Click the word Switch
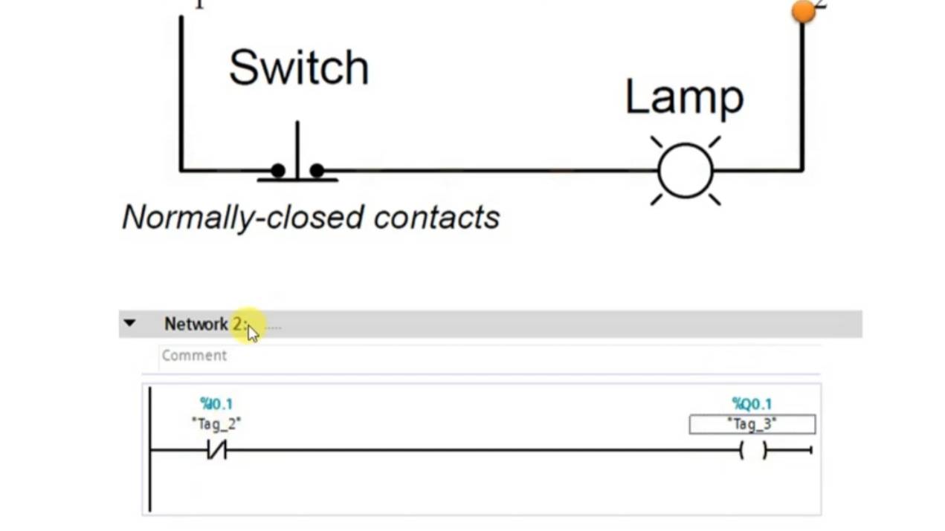(x=298, y=68)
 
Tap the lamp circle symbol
(x=686, y=171)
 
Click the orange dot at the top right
(x=803, y=11)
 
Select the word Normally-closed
(x=244, y=218)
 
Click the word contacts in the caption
(x=436, y=218)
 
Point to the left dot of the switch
(x=278, y=171)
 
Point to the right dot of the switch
(x=317, y=171)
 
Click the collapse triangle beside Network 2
(x=129, y=324)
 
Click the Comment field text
(x=194, y=356)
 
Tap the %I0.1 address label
(x=216, y=404)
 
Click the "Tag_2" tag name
(x=216, y=423)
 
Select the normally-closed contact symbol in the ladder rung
(x=216, y=450)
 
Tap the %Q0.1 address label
(x=752, y=404)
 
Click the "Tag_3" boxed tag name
(x=752, y=424)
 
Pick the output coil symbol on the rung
(x=752, y=450)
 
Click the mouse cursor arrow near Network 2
(x=253, y=333)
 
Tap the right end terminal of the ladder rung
(x=810, y=450)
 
